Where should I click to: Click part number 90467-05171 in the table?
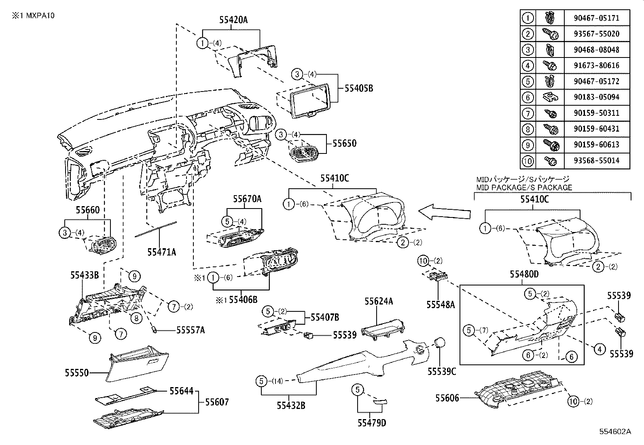[596, 18]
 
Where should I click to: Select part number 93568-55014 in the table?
[596, 160]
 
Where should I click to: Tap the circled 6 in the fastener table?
[527, 97]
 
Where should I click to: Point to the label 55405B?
[358, 87]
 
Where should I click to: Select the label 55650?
[344, 143]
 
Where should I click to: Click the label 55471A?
[161, 252]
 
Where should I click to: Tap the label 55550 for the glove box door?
[76, 372]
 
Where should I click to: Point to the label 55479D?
[371, 423]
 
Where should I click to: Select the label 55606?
[447, 398]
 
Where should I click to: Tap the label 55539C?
[442, 371]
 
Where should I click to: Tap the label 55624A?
[379, 301]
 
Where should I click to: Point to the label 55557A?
[191, 330]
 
